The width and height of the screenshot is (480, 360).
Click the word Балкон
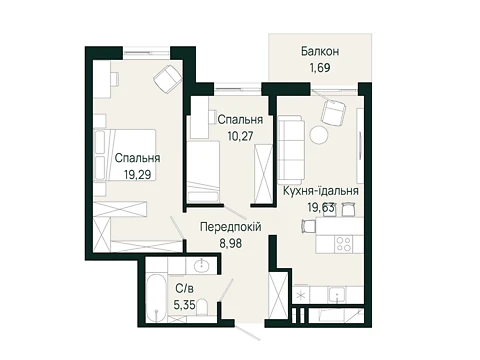[320, 51]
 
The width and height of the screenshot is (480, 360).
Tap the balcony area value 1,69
[320, 68]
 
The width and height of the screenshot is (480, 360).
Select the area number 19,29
[137, 174]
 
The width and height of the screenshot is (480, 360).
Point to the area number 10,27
[240, 136]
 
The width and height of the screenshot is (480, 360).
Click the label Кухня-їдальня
[321, 191]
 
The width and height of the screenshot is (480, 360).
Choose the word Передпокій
[231, 227]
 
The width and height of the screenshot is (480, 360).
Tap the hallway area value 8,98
[231, 243]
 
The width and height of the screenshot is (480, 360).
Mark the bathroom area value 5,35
[184, 305]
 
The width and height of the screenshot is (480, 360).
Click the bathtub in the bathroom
[156, 299]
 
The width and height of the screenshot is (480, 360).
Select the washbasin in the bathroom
[202, 266]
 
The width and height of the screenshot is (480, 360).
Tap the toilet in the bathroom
[202, 307]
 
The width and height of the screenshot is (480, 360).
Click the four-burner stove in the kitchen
[343, 244]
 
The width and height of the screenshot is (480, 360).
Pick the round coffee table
[319, 135]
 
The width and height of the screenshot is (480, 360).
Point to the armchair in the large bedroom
[168, 79]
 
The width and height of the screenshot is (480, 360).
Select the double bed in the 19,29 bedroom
[125, 155]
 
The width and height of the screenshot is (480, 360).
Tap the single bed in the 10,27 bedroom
[203, 172]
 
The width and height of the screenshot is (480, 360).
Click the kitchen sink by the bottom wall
[337, 295]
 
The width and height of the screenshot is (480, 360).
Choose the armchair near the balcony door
[333, 110]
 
